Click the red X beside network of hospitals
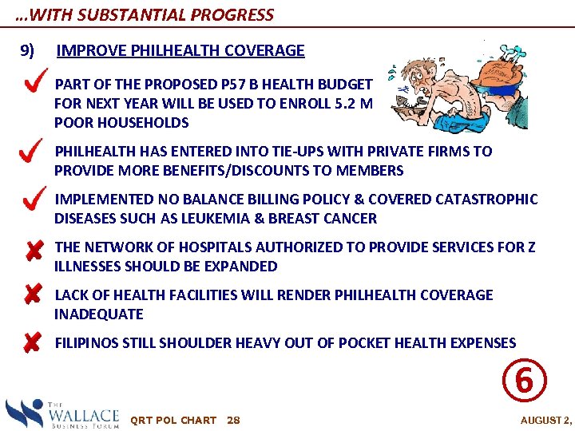[33, 252]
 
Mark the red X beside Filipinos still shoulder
[33, 343]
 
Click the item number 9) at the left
[27, 51]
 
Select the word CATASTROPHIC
[489, 200]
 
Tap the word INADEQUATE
[98, 314]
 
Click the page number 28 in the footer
[233, 420]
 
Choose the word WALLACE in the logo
[83, 415]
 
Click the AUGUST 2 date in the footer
[546, 421]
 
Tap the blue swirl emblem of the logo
[24, 413]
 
